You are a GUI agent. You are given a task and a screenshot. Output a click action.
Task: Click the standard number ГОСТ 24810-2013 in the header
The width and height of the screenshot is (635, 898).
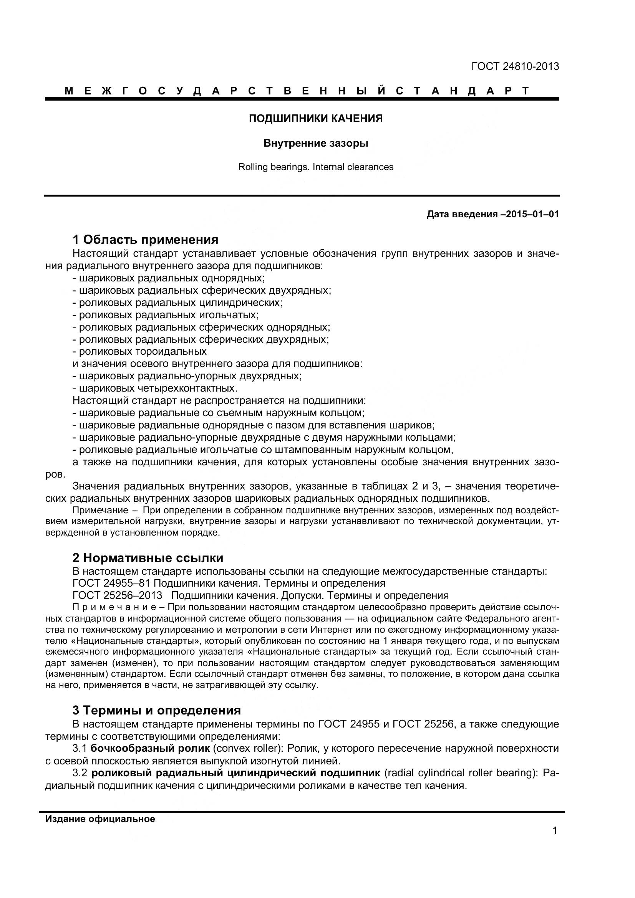coord(515,66)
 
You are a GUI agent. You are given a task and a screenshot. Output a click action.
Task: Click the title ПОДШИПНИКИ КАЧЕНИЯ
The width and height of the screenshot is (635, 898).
coord(316,119)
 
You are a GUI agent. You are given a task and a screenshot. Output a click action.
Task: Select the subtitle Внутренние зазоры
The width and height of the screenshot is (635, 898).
coord(316,144)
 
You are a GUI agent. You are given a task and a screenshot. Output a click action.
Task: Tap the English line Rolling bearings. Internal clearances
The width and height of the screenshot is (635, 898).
coord(316,167)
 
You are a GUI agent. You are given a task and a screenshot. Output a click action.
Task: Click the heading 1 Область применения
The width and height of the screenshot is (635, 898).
coord(145,239)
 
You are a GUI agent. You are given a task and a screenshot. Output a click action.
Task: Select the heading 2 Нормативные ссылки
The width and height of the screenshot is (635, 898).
coord(148,557)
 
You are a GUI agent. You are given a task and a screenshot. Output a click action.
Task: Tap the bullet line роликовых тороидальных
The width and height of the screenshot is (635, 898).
coord(143,352)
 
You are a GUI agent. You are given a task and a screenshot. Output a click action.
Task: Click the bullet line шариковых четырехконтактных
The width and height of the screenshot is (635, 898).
coord(158,389)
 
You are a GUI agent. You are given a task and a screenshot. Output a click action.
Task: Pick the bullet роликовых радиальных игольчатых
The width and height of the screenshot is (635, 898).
coord(168,315)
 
